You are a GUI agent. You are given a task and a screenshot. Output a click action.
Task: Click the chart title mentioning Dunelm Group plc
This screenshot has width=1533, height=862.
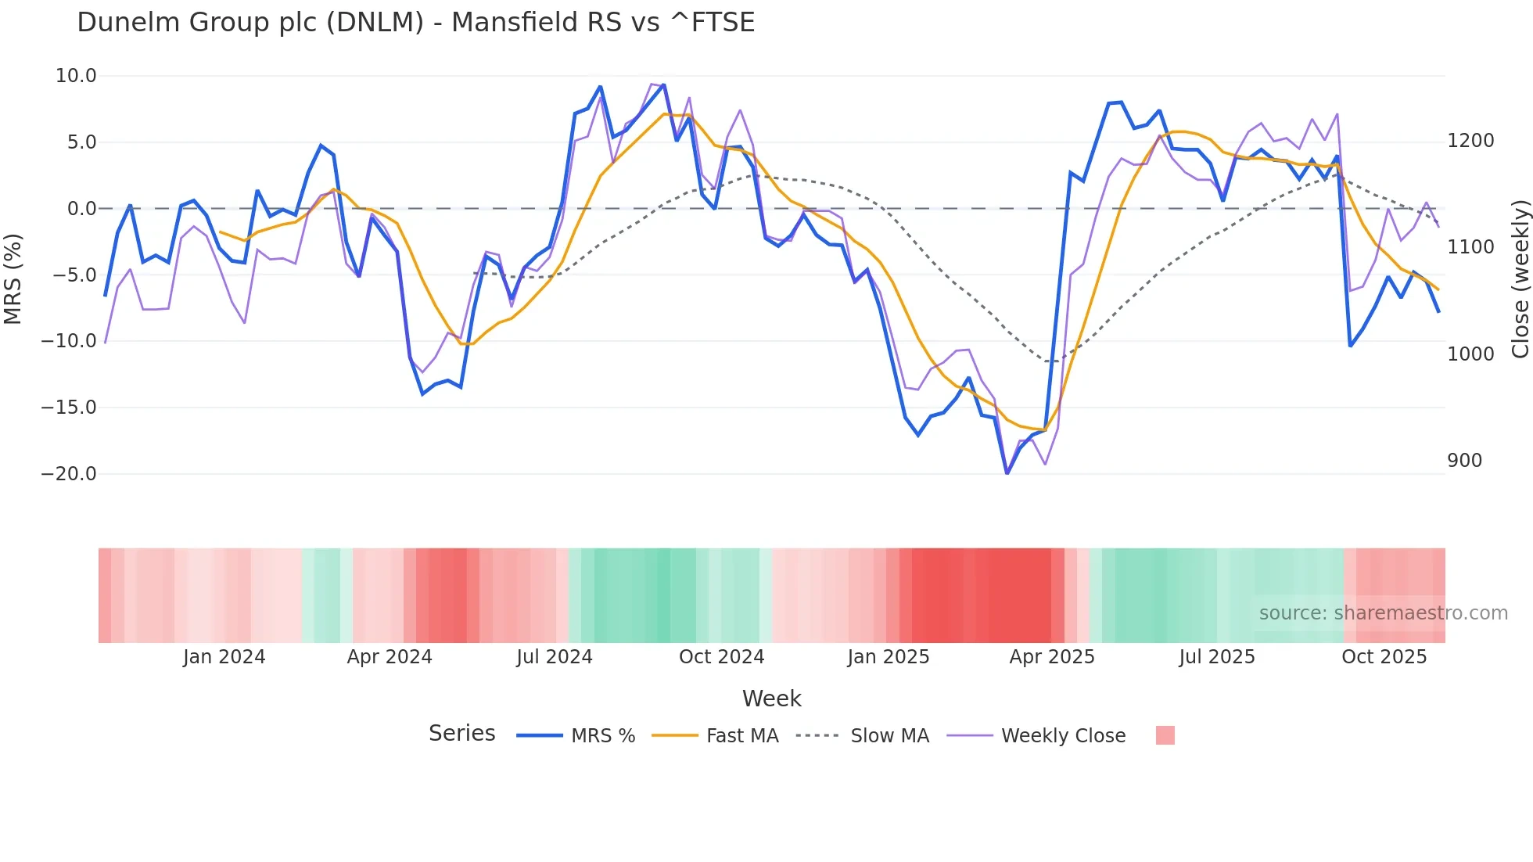click(x=415, y=23)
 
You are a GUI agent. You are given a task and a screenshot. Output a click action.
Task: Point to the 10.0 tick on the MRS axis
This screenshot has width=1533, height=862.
click(x=76, y=76)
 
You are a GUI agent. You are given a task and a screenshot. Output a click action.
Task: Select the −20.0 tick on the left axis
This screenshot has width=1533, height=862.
click(x=69, y=474)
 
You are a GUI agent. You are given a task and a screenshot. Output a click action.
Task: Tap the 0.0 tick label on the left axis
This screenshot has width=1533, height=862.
click(x=81, y=209)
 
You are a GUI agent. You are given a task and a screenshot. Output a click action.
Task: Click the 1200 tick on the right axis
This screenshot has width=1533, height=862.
click(x=1470, y=141)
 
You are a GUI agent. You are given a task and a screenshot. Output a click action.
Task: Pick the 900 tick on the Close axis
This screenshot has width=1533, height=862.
click(x=1464, y=461)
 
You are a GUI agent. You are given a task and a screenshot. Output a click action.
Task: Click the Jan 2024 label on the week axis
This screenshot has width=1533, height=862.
click(x=224, y=657)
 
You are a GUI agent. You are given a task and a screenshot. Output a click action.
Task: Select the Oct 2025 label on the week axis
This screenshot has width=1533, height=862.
click(x=1384, y=657)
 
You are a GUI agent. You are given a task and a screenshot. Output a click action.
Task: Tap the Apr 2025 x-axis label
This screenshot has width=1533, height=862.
click(x=1051, y=657)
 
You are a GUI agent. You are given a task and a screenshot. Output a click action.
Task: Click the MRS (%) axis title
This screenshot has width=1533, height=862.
click(x=13, y=278)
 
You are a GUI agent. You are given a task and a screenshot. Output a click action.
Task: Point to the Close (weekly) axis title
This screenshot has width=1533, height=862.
click(x=1520, y=278)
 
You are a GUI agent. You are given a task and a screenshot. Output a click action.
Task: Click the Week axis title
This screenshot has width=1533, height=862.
click(x=771, y=699)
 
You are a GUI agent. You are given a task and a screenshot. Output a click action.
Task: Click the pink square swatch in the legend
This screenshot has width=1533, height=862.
click(x=1165, y=735)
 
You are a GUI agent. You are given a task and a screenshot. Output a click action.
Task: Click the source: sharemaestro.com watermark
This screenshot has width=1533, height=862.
click(x=1383, y=613)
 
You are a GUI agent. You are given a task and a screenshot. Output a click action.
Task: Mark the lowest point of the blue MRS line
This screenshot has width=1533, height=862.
click(x=1007, y=473)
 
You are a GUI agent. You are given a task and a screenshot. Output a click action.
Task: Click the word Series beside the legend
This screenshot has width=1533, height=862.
click(x=461, y=734)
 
